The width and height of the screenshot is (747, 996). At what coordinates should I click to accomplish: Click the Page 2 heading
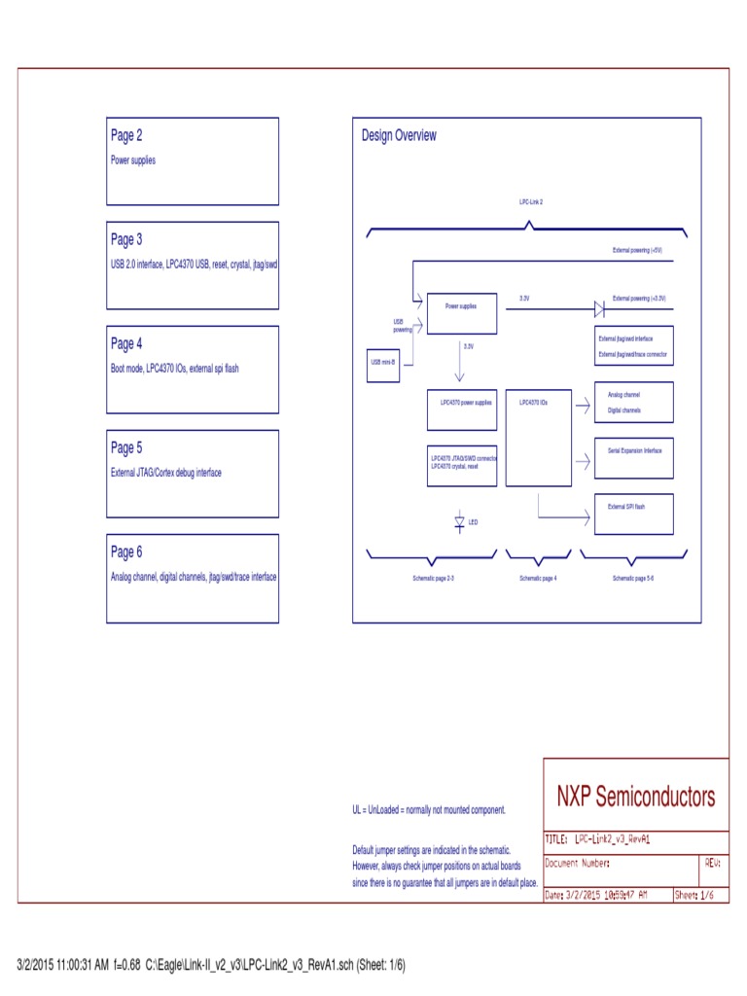(x=126, y=136)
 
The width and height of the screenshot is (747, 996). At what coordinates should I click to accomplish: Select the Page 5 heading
(x=126, y=448)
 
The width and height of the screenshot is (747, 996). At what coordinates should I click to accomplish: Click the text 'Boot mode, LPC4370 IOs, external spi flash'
(x=174, y=369)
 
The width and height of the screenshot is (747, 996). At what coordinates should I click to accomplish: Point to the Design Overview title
(x=399, y=136)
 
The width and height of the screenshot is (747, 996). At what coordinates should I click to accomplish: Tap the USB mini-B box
(x=382, y=363)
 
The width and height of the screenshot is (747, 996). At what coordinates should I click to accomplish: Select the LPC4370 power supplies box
(x=466, y=409)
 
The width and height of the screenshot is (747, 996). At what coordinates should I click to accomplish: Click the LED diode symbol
(x=460, y=522)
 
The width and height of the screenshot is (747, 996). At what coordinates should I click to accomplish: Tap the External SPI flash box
(x=634, y=514)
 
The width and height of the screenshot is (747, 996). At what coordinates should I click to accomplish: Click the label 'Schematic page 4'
(x=538, y=579)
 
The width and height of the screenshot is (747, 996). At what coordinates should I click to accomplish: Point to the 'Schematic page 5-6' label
(x=632, y=579)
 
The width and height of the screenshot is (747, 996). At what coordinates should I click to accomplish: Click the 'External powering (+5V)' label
(x=637, y=251)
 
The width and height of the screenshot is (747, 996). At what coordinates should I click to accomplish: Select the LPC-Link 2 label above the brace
(x=530, y=200)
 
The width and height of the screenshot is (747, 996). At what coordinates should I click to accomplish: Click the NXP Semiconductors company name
(x=635, y=798)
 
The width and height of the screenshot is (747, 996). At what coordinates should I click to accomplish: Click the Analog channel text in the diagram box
(x=623, y=395)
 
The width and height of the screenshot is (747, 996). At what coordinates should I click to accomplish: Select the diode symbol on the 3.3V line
(x=600, y=309)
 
